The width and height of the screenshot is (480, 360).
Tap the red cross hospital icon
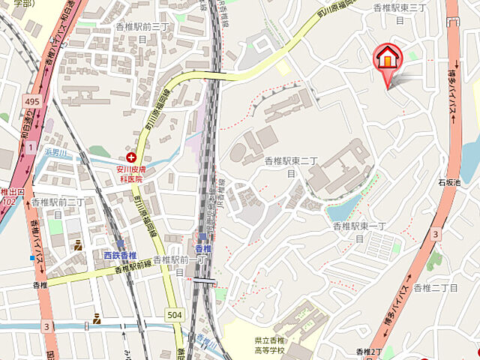(131, 157)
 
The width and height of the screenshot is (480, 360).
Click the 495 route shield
(31, 100)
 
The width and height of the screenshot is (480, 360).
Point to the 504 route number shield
(174, 314)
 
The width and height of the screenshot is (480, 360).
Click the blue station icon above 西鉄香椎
(119, 244)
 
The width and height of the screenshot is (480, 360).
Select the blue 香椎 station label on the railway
(203, 248)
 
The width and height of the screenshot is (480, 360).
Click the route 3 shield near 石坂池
(434, 235)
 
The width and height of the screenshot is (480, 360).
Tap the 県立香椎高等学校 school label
(269, 345)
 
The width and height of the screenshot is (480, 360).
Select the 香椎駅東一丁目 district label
(358, 232)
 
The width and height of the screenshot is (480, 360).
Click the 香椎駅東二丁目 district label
(292, 167)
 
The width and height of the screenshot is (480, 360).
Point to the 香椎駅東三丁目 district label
(400, 13)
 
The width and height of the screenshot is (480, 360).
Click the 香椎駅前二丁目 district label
(58, 208)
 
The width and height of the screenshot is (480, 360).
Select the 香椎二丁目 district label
(435, 288)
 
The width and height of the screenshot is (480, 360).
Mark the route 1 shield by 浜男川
(30, 148)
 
